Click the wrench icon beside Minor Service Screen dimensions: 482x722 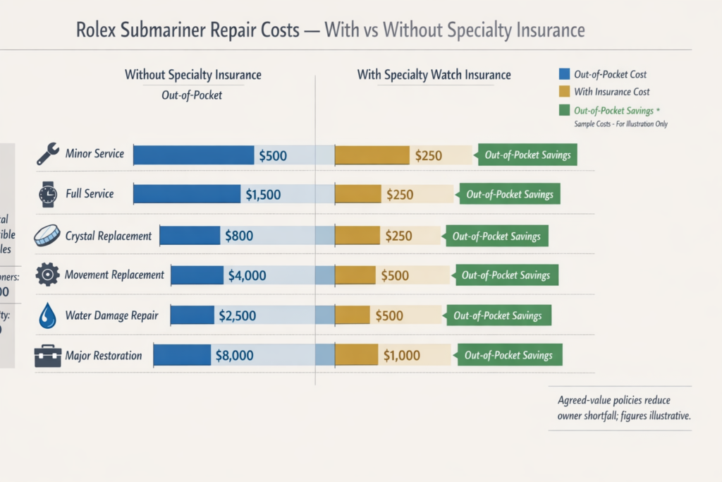[48, 154]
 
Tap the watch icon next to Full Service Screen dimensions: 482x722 [48, 193]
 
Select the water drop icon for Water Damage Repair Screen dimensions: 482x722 [47, 315]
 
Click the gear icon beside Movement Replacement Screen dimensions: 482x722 [47, 275]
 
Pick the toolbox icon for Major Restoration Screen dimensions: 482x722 [47, 356]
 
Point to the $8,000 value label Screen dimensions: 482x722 [234, 356]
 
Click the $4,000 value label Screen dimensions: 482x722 [247, 275]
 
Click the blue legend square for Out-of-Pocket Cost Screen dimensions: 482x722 [563, 73]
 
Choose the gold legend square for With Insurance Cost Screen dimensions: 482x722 [563, 92]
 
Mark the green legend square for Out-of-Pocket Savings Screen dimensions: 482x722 [563, 110]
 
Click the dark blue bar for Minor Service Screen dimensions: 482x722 [193, 155]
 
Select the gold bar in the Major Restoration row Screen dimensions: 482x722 [356, 356]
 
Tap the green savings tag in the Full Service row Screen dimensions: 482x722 [509, 195]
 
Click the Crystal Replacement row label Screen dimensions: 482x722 [108, 236]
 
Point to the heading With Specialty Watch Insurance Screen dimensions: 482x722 [434, 75]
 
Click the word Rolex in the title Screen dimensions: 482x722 [97, 30]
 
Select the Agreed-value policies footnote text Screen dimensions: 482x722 [623, 408]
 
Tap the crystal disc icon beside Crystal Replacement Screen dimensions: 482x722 [47, 235]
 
